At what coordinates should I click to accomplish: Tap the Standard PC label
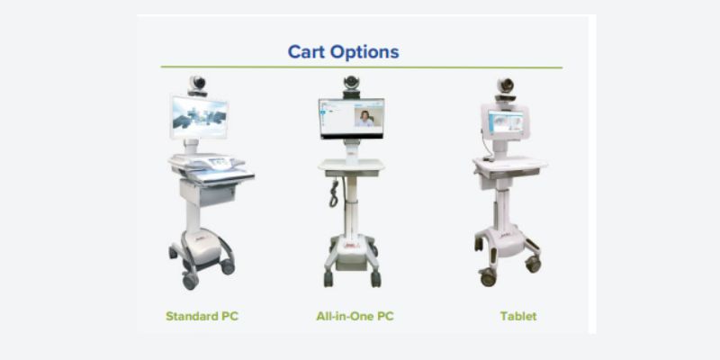coord(202,317)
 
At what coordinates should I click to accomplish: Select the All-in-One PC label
coord(355,317)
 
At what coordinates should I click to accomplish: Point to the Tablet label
coord(518,317)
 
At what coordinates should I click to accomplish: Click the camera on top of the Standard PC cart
coord(197,85)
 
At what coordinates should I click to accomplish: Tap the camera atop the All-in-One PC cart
coord(352,86)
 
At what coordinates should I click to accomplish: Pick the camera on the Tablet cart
coord(505,89)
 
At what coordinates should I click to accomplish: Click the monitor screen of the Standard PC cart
coord(199,117)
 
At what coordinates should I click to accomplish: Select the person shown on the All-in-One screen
coord(364,119)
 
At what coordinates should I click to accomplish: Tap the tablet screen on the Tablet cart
coord(505,122)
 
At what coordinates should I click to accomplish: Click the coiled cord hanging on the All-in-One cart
coord(334,193)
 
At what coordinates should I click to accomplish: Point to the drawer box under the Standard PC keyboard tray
coord(208,192)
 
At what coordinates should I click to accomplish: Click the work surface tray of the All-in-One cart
coord(352,166)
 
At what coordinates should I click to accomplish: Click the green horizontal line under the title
coord(362,67)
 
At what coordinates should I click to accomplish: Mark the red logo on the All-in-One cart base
coord(352,246)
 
